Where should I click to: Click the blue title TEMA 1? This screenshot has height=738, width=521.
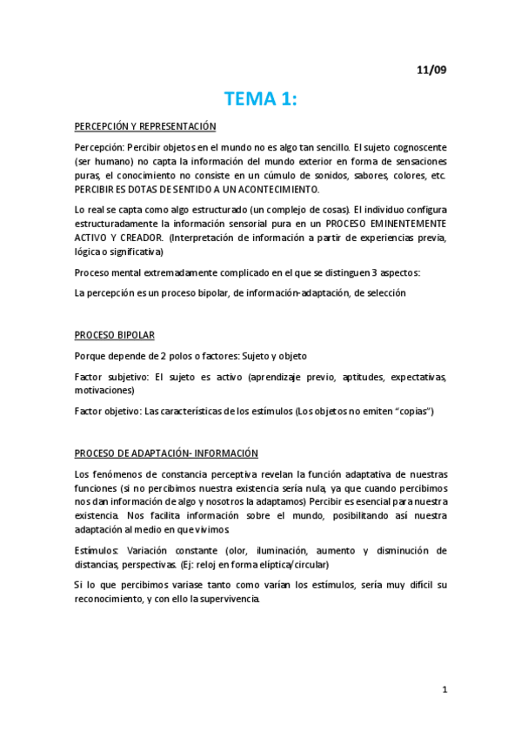point(260,98)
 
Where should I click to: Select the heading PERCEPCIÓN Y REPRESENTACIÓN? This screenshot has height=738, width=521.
point(144,127)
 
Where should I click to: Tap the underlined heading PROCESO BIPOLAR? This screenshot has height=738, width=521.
point(115,335)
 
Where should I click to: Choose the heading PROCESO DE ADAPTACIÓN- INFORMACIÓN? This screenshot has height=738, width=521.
point(166,453)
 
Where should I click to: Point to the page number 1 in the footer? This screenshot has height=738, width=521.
point(444,690)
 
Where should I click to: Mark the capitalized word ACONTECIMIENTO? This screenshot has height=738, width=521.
point(270,189)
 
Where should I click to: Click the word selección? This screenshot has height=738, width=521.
point(385,293)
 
